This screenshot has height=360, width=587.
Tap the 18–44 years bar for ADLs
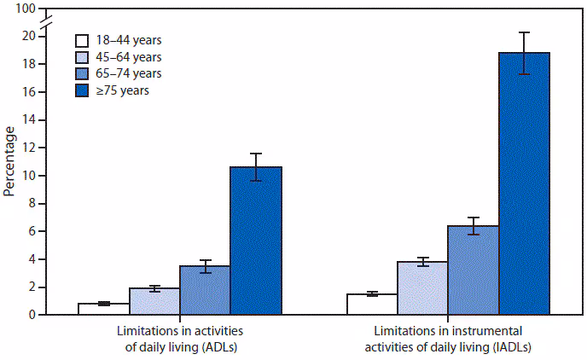[x=103, y=309]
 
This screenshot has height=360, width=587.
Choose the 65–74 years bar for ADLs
[x=205, y=290]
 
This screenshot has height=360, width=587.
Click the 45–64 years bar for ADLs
[x=154, y=301]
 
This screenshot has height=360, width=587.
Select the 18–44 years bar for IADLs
[x=372, y=304]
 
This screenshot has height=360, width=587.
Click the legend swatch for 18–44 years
[x=83, y=40]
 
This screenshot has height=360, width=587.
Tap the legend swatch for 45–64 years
[x=83, y=56]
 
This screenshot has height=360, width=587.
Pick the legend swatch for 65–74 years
[x=83, y=73]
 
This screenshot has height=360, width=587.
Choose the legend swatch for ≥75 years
[x=83, y=90]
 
